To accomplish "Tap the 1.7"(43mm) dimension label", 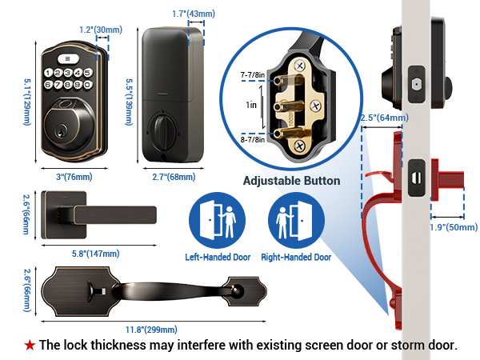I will (x=194, y=14).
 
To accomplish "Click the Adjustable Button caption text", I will (x=291, y=181).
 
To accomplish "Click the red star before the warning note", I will (x=30, y=346).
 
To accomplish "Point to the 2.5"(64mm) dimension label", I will (x=385, y=118).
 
